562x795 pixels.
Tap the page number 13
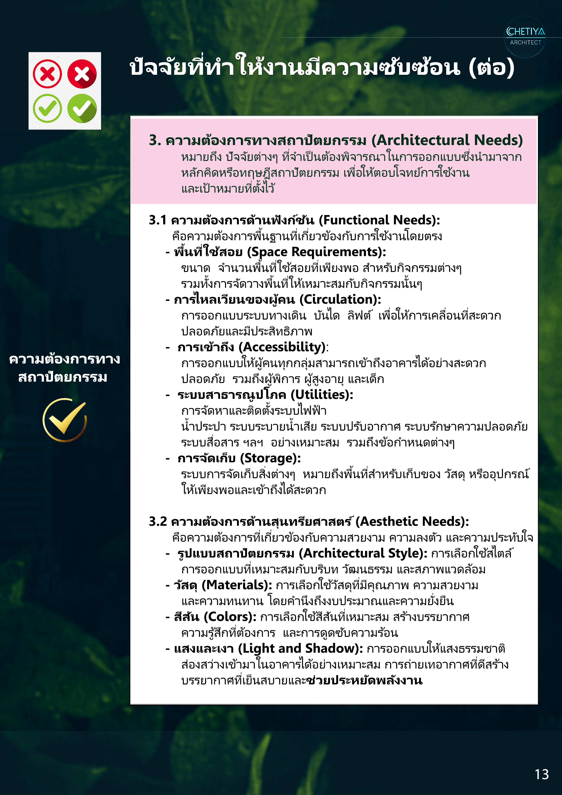coord(542,774)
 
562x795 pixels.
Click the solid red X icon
coord(82,74)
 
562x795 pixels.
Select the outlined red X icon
coord(47,74)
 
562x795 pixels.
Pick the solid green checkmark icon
coord(82,108)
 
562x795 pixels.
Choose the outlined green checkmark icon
coord(47,108)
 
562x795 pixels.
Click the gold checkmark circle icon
coord(65,420)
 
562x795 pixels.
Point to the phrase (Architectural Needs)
coord(447,140)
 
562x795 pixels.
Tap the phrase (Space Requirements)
coord(317,252)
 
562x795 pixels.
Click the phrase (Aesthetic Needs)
coord(412,521)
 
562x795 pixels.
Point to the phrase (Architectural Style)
coord(363,553)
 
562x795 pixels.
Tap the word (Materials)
coord(237,585)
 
